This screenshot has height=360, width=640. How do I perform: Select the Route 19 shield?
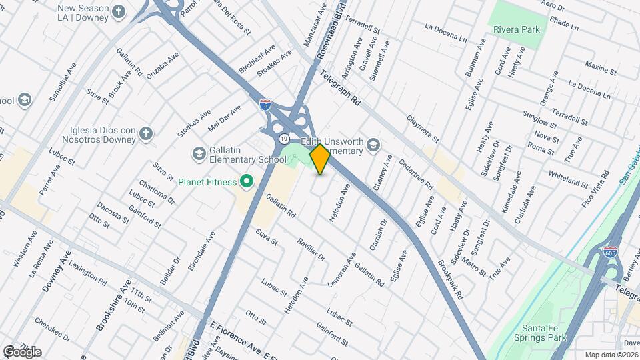284,139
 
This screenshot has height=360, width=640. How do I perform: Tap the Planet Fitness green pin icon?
246,181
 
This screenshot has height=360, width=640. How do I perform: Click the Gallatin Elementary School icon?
199,154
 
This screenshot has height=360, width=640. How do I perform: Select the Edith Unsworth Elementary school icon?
373,145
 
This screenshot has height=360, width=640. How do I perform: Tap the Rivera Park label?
516,29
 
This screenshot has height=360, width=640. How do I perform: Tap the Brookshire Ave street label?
113,305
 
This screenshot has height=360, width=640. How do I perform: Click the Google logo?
22,351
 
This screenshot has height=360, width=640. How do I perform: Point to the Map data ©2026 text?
612,355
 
